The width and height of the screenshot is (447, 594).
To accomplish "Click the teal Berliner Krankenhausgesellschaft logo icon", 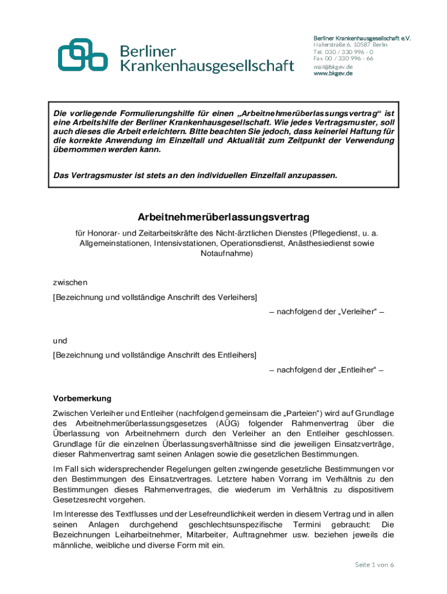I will pos(82,55).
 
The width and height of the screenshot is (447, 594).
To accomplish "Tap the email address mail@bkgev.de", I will pos(333,67).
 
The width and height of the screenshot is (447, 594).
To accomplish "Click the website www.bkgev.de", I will pos(333,74).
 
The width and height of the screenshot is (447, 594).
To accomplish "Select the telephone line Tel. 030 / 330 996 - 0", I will pos(343,52).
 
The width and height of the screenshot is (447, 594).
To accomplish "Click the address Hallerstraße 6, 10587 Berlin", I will pos(350,45).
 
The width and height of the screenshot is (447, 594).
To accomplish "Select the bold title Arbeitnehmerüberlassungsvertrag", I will pos(223,217).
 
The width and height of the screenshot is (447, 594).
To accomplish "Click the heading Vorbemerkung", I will pos(82,399).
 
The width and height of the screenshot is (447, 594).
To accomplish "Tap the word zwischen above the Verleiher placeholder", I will pos(70,282).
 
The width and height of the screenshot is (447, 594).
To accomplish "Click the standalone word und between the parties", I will pos(60,341).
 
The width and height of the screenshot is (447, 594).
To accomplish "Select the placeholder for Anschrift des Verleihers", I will pos(154,298).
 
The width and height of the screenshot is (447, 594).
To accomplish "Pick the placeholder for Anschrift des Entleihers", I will pos(154,355).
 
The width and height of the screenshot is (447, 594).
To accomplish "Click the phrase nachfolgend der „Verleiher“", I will pos(326,312).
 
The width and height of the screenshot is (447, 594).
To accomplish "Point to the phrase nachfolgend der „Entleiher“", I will pos(326,370).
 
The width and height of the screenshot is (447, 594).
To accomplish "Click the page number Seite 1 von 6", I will pos(374,565).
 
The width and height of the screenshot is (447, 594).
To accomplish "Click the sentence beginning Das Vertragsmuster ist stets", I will pos(195,175).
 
